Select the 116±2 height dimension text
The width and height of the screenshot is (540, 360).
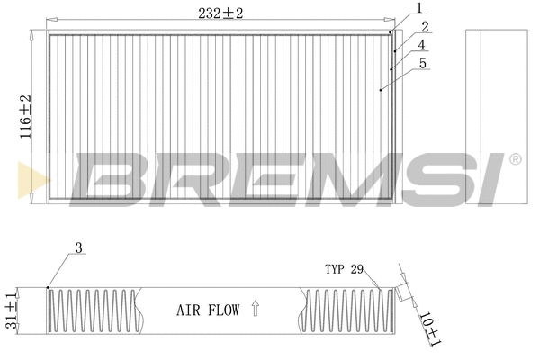tap(25, 112)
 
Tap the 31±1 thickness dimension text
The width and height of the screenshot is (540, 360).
tap(12, 310)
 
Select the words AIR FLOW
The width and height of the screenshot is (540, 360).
tap(207, 310)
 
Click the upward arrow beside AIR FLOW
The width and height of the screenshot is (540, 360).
tap(255, 310)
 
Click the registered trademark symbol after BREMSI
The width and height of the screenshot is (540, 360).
tap(515, 160)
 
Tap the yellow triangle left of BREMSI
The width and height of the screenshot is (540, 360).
tap(29, 178)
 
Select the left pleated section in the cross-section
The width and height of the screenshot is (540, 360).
tap(94, 310)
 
